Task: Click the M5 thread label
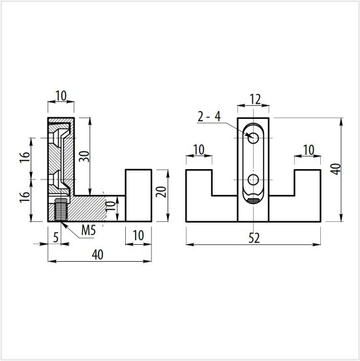pos(88,230)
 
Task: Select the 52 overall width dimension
pos(254,238)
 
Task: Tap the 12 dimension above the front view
pos(256,99)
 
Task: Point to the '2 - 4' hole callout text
pos(209,117)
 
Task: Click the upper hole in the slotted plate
pos(253,138)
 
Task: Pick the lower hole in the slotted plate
pos(253,180)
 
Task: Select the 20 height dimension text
pos(161,192)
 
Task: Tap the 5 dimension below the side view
pos(56,238)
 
